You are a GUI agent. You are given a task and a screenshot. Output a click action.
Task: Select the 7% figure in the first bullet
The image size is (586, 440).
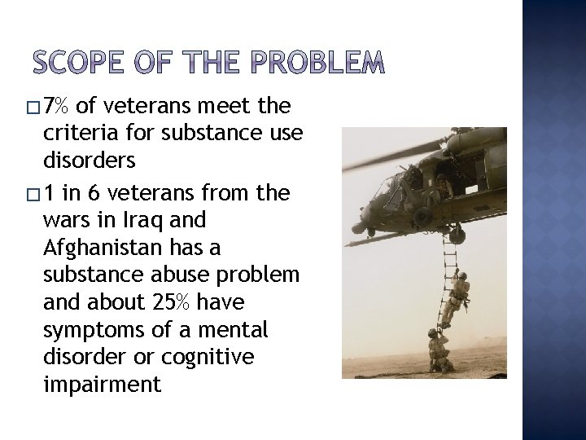(58, 106)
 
